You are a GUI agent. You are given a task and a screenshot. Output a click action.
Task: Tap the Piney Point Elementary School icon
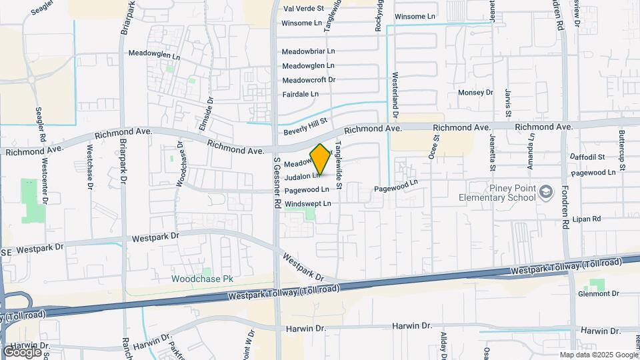click(547, 193)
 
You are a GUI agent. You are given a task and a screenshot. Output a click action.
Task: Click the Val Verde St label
click(303, 9)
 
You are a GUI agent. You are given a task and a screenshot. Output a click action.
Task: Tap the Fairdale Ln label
click(301, 95)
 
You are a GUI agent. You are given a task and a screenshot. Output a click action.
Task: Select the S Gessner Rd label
click(277, 183)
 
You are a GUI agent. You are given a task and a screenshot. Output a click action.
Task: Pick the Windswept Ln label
click(307, 203)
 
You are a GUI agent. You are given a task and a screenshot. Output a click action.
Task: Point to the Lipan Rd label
click(587, 219)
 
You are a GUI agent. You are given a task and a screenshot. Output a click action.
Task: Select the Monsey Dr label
click(475, 93)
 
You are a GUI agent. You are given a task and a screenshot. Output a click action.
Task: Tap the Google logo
click(22, 351)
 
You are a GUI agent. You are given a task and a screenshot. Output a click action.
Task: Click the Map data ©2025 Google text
click(599, 355)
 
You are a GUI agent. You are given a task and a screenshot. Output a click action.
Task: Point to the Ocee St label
click(437, 147)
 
